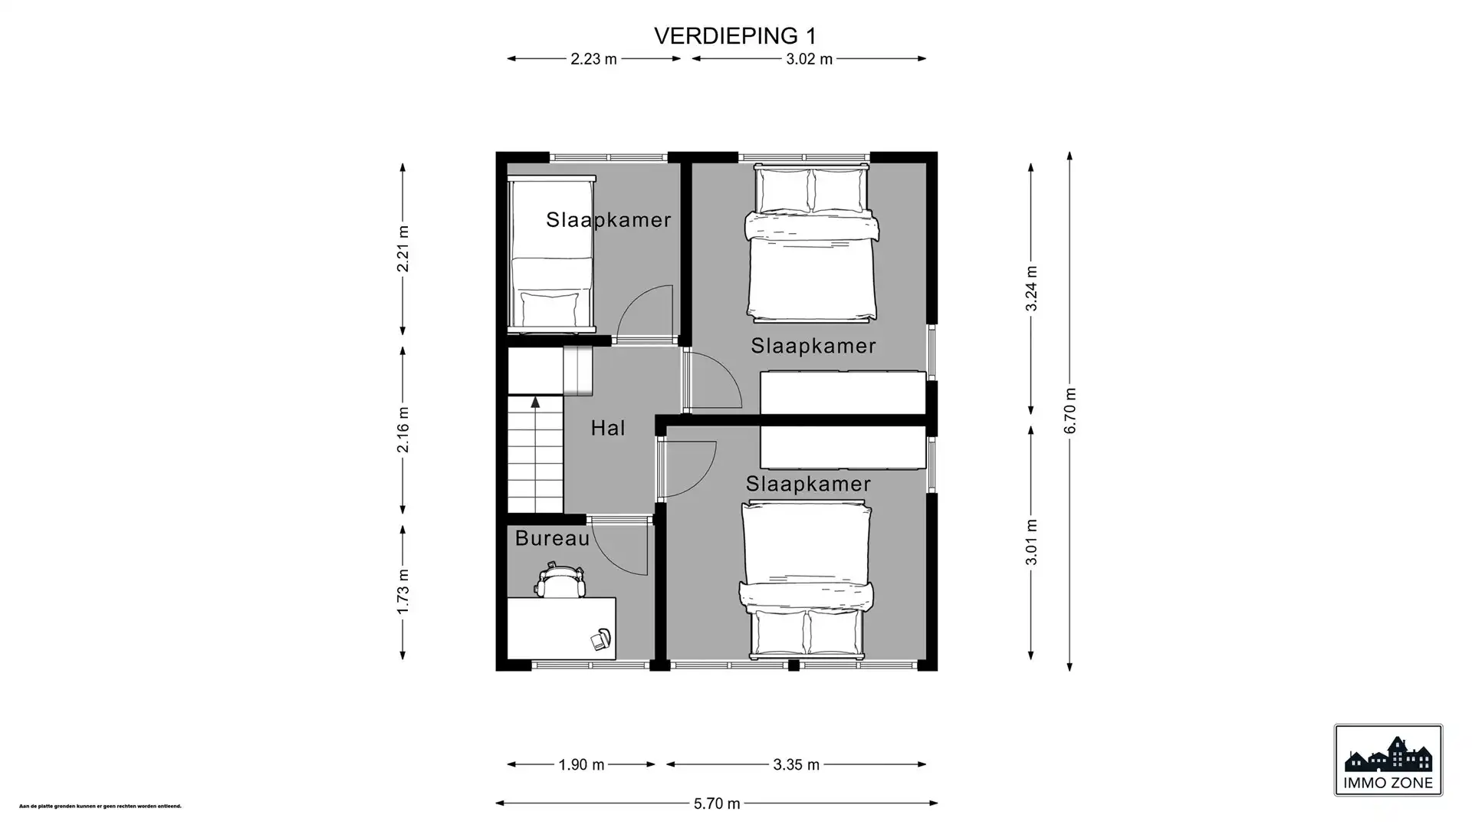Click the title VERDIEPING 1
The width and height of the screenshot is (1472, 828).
pos(734,36)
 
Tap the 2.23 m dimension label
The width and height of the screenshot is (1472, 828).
pos(593,59)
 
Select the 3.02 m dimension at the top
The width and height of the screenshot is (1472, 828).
pos(809,59)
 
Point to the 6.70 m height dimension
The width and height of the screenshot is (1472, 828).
pos(1070,410)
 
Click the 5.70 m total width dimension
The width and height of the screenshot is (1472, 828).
pos(717,803)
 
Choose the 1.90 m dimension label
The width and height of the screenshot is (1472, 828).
pos(581,764)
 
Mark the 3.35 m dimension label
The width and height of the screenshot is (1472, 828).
pos(797,764)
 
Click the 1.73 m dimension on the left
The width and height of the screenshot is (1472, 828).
pos(403,591)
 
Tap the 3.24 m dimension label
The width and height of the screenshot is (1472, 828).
pos(1032,288)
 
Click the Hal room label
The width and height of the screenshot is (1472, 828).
pos(608,428)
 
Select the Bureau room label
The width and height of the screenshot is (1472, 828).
pos(552,538)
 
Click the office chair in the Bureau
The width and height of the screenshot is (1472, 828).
pos(561,580)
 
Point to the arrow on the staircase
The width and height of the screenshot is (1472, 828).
pos(535,402)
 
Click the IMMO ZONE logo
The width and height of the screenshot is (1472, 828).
pos(1388,760)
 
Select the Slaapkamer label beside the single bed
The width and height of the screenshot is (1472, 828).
pos(608,220)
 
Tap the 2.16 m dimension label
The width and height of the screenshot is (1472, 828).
pos(403,429)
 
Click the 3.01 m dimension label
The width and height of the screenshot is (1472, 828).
pos(1032,542)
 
